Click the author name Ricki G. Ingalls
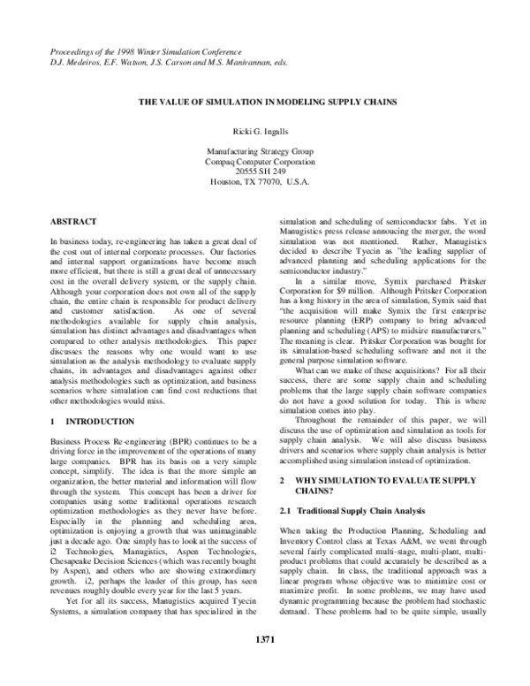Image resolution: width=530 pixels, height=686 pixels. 265,131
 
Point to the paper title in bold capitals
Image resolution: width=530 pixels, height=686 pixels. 265,103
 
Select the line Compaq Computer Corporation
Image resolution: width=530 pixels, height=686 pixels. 265,160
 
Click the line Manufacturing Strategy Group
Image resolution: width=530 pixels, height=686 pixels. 265,150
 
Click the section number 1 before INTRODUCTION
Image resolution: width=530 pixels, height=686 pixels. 52,399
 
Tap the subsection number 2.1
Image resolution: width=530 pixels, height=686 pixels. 285,512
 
